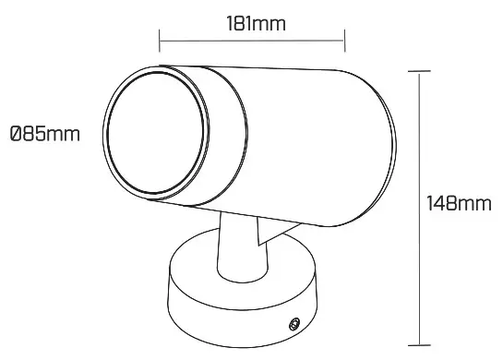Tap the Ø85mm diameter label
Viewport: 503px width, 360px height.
[43, 135]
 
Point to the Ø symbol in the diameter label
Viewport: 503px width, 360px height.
[16, 135]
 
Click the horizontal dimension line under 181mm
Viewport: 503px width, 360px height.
[251, 40]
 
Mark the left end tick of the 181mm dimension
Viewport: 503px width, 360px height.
[159, 40]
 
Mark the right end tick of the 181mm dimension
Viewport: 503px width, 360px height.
[343, 40]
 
